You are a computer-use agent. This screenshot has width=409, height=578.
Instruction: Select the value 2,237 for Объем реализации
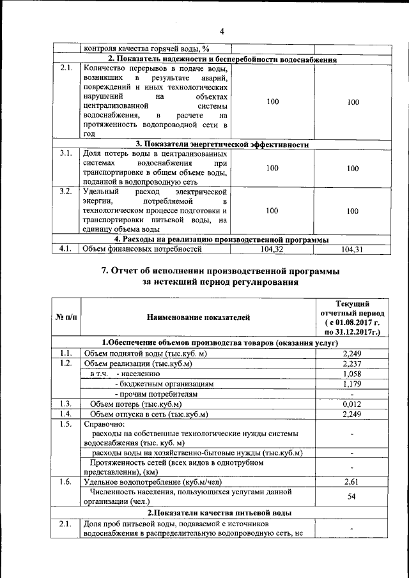[x=352, y=363]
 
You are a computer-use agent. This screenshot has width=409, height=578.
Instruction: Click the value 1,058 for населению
[x=352, y=374]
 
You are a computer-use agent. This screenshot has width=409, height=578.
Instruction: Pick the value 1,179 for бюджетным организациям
[x=352, y=384]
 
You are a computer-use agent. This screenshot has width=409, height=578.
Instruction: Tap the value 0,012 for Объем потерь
[x=352, y=404]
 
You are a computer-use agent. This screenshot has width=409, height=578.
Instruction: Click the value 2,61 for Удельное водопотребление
[x=352, y=482]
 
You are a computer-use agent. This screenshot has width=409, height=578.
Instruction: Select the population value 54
[x=352, y=497]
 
